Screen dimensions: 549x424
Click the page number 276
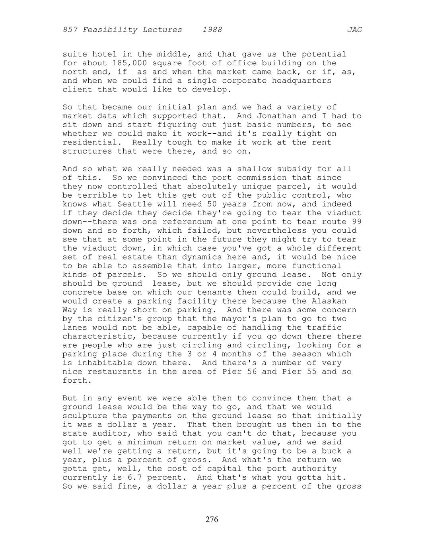point(212,519)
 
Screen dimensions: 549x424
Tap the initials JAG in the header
point(354,30)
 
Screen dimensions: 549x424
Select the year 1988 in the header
point(212,30)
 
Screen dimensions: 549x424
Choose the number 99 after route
point(356,222)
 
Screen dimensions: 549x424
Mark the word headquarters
point(301,81)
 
